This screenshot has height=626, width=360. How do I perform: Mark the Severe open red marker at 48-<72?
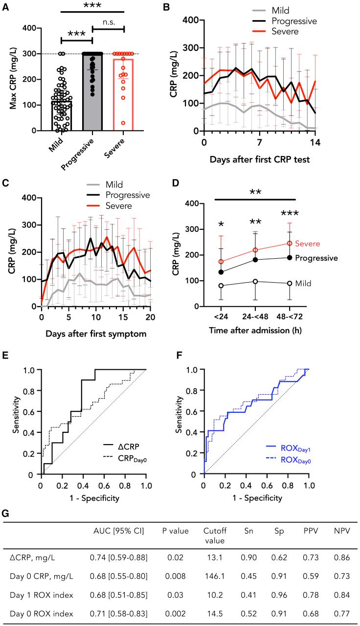coord(289,243)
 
